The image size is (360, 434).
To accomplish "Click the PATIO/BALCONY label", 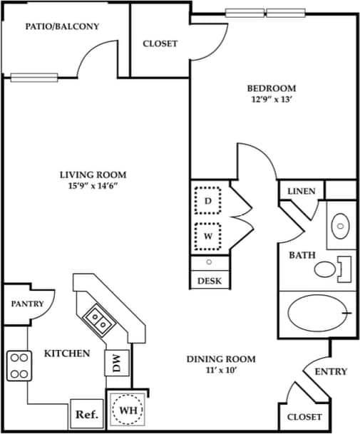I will point(62,26).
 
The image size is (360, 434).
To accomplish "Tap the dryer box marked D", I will point(208,202).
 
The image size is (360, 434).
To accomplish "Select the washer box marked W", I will point(208,235).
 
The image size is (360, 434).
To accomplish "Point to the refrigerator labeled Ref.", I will point(86,413).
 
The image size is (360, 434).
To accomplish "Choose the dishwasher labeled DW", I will point(116,363).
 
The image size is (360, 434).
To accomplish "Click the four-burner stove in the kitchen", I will point(19,365).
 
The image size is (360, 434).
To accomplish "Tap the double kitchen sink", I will point(99,320).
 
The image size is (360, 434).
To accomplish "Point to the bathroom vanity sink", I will point(341,227).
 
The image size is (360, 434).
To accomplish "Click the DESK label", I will point(209,281).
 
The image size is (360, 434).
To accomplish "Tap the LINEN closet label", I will point(302,192).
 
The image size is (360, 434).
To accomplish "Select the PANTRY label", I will point(27,304).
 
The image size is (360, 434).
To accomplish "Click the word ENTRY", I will point(331,371).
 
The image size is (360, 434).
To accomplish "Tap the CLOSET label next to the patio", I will point(160,43).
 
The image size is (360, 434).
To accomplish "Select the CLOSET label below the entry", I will point(304,416).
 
